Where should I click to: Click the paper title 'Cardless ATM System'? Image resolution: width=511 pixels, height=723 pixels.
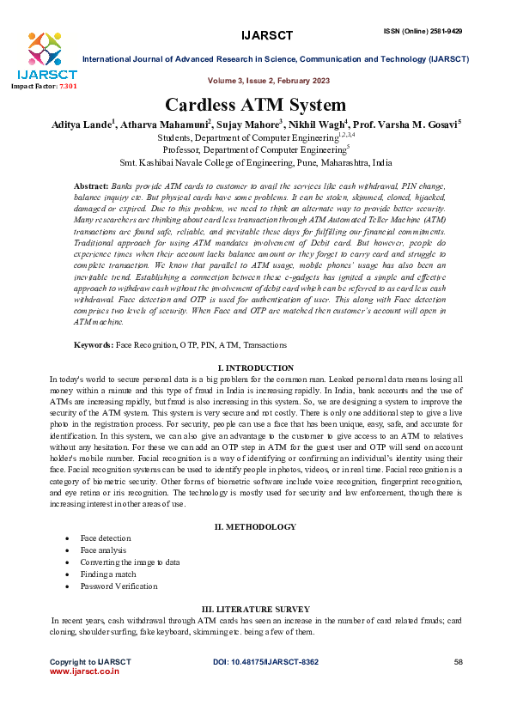pyautogui.click(x=255, y=106)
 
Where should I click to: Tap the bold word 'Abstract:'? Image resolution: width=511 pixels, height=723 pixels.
pyautogui.click(x=91, y=186)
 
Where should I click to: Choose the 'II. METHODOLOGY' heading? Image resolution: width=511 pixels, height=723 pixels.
pyautogui.click(x=255, y=526)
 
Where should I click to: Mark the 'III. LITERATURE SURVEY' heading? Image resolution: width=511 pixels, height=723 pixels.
pyautogui.click(x=255, y=607)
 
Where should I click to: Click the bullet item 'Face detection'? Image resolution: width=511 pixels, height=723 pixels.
pyautogui.click(x=106, y=538)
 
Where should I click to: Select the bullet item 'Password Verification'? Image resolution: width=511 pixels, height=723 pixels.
pyautogui.click(x=119, y=586)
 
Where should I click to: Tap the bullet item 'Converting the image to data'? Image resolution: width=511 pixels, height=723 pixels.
pyautogui.click(x=131, y=562)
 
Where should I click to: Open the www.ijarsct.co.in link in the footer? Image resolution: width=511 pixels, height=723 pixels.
pyautogui.click(x=84, y=672)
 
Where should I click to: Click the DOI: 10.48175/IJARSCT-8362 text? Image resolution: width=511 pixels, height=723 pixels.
pyautogui.click(x=265, y=662)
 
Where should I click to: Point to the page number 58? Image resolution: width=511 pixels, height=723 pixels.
pyautogui.click(x=458, y=662)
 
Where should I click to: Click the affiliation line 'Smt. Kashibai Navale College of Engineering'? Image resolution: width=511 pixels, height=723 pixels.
pyautogui.click(x=255, y=161)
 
